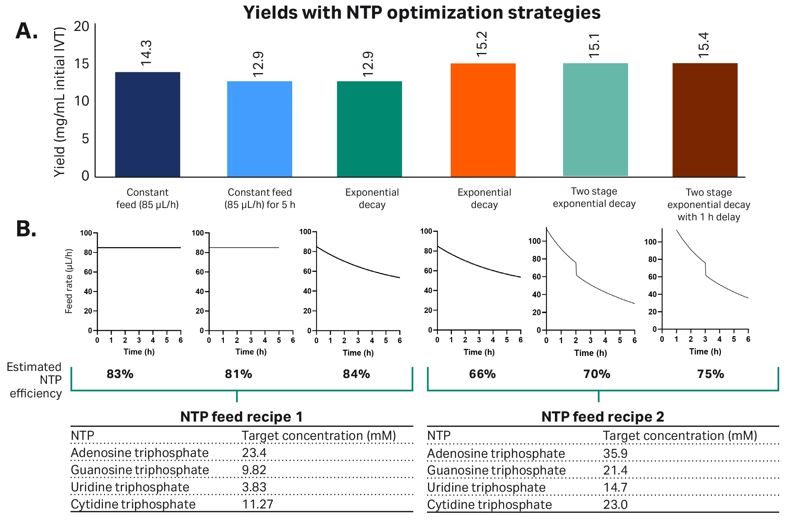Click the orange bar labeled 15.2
pyautogui.click(x=483, y=120)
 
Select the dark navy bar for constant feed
pyautogui.click(x=147, y=125)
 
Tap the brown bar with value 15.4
pyautogui.click(x=705, y=120)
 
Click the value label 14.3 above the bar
pyautogui.click(x=146, y=53)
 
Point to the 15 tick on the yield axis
pyautogui.click(x=82, y=64)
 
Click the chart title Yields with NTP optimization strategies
pyautogui.click(x=422, y=13)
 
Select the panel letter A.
pyautogui.click(x=26, y=31)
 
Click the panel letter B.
pyautogui.click(x=26, y=229)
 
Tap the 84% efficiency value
pyautogui.click(x=356, y=374)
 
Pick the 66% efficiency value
pyautogui.click(x=482, y=374)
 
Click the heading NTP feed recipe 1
pyautogui.click(x=241, y=417)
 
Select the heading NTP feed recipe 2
pyautogui.click(x=602, y=417)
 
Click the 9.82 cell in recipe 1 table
pyautogui.click(x=254, y=470)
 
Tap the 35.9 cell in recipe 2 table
pyautogui.click(x=615, y=453)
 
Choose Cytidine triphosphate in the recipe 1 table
pyautogui.click(x=133, y=504)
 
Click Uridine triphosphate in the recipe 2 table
pyautogui.click(x=486, y=488)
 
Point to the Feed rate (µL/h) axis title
pyautogui.click(x=69, y=281)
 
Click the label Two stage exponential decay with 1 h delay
pyautogui.click(x=708, y=205)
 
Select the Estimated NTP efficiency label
pyautogui.click(x=35, y=380)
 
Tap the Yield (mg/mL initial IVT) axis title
pyautogui.click(x=60, y=102)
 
